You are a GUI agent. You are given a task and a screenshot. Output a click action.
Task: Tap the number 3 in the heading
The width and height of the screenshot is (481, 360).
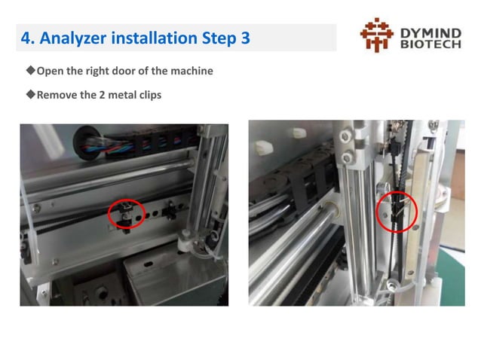245,37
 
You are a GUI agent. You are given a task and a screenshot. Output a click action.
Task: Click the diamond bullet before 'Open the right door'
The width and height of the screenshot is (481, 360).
31,71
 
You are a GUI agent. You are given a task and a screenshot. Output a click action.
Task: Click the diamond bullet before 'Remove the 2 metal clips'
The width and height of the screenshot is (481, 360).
31,95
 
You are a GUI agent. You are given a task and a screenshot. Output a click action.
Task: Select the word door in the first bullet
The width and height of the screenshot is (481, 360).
129,72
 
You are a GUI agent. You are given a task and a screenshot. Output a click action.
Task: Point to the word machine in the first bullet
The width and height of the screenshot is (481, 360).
191,72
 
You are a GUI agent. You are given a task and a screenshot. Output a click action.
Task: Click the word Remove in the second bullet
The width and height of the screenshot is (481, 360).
57,96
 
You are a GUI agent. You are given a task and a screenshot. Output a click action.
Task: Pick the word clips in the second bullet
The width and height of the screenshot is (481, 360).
148,96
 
